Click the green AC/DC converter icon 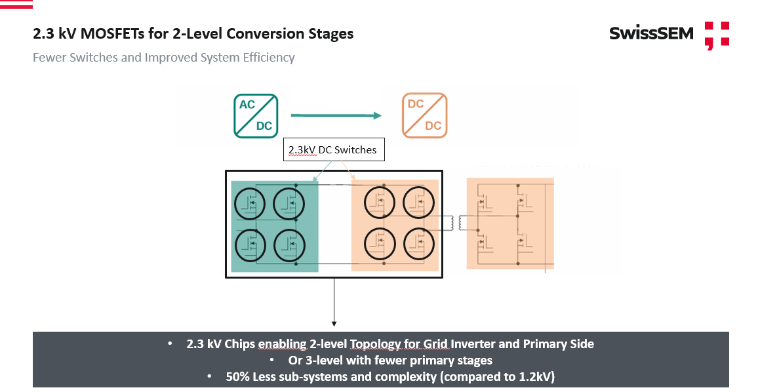pos(256,116)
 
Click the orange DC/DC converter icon pos(424,115)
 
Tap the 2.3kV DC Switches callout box pos(332,150)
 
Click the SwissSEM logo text pos(650,33)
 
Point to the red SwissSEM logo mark pos(716,35)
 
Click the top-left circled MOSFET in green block pos(250,204)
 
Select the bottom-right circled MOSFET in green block pos(289,245)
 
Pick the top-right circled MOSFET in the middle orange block pos(418,203)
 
